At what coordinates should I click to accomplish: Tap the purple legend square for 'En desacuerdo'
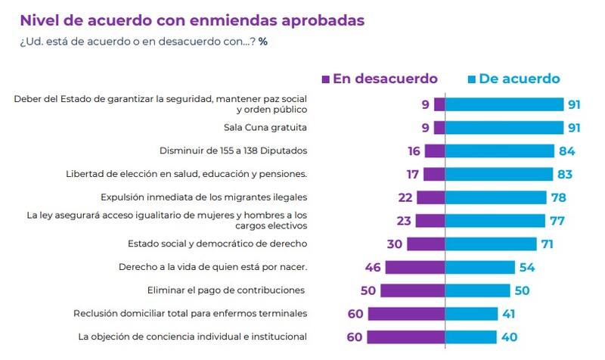326,79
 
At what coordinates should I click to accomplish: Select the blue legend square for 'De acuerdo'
470,79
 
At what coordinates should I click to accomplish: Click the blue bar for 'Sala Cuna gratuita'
504,128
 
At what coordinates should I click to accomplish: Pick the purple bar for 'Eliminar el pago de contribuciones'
412,290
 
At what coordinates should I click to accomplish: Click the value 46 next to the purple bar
372,267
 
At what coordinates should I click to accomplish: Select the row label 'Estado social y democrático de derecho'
219,244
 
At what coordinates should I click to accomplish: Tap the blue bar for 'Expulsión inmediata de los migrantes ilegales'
496,197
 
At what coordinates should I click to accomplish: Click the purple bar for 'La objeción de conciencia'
406,337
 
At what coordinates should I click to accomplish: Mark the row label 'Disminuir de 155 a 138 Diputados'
234,151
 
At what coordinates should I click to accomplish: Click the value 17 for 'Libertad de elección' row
412,175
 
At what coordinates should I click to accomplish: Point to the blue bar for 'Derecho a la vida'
480,267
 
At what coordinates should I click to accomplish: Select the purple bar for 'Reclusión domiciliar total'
406,314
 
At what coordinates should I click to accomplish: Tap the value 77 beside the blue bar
558,221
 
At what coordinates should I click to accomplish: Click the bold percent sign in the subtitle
263,41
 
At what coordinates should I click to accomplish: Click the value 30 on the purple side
394,244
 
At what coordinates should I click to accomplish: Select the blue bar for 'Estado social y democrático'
491,244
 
